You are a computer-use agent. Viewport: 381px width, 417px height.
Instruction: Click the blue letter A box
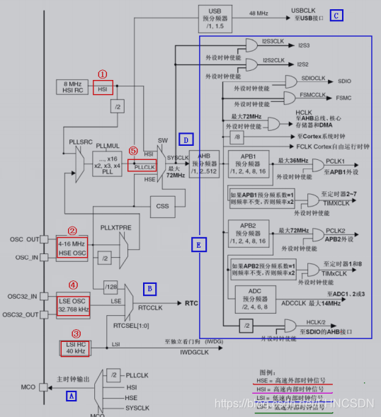[x=71, y=396]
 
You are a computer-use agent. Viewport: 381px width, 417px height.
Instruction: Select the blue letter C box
[x=336, y=15]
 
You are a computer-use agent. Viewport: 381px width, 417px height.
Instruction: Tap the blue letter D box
[x=185, y=139]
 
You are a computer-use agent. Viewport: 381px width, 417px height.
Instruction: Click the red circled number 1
[x=102, y=74]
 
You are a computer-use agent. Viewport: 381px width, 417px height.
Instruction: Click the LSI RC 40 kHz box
[x=74, y=348]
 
